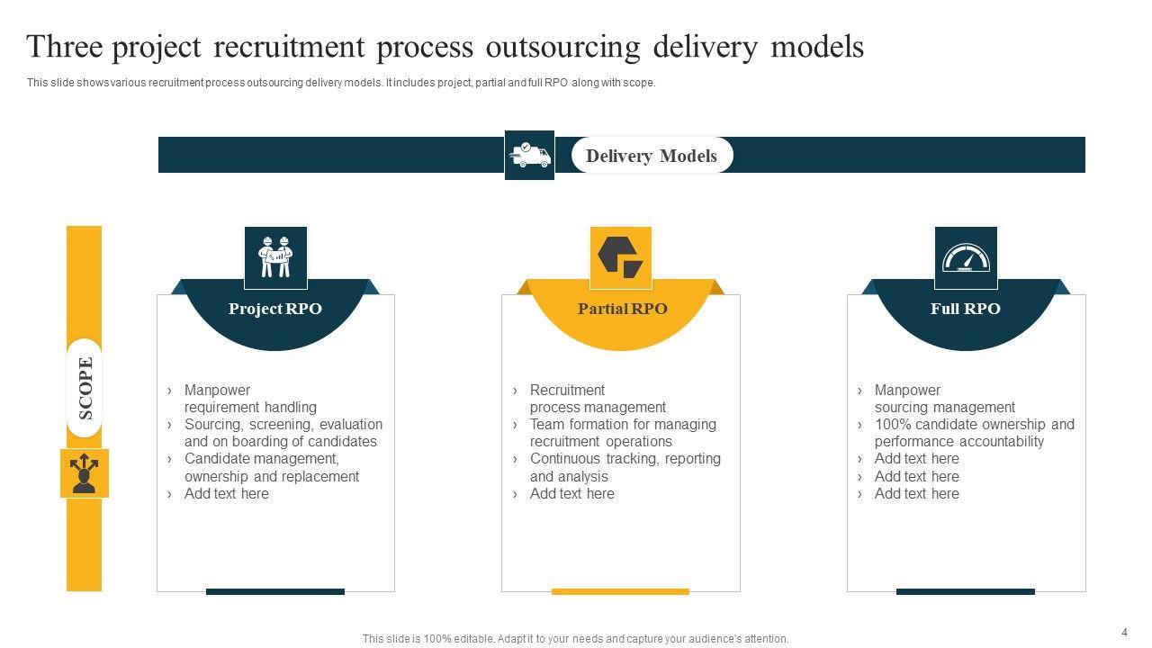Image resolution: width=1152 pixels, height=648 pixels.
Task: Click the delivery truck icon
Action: click(x=529, y=155)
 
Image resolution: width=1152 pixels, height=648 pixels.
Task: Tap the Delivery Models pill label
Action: click(x=652, y=156)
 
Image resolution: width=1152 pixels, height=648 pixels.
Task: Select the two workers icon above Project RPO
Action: click(x=275, y=256)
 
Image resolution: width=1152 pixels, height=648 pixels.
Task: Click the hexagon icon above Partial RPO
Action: click(x=620, y=256)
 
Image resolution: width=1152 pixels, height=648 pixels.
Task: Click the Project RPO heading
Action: click(x=274, y=309)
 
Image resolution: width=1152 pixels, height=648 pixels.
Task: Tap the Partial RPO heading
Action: click(x=622, y=309)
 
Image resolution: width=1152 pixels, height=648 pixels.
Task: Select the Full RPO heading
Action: click(x=965, y=309)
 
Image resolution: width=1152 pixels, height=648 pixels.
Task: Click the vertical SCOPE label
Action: click(x=85, y=388)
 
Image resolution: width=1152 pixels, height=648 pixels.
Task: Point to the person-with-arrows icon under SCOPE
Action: click(x=85, y=473)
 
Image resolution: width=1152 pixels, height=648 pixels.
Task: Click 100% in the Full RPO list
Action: click(x=891, y=424)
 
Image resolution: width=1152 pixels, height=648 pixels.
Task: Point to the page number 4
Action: click(x=1124, y=632)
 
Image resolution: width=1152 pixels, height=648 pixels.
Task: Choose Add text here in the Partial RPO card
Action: click(x=571, y=493)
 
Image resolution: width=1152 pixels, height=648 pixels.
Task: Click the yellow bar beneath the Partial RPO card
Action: click(x=620, y=591)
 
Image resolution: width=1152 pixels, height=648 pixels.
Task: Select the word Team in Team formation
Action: click(x=546, y=424)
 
